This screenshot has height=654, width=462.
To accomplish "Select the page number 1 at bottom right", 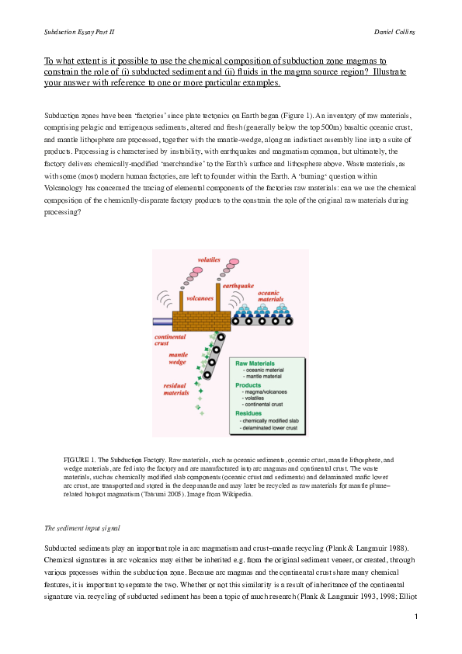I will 417,616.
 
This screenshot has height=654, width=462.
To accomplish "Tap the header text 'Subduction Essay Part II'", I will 80,33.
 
